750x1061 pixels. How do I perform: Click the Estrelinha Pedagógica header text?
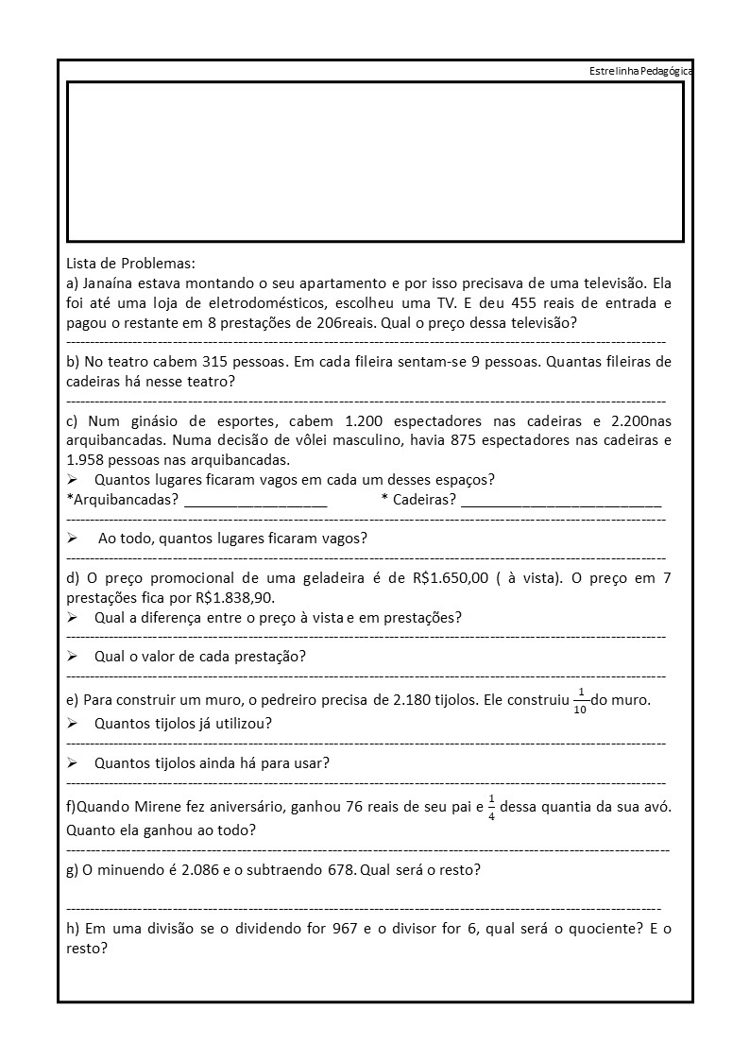pos(639,72)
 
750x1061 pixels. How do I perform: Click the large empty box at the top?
pos(375,162)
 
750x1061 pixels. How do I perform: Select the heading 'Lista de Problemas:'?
pos(130,263)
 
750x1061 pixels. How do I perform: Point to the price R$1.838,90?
pos(234,598)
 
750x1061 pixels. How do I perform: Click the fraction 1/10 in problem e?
pos(580,701)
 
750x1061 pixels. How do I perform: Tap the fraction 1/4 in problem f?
pos(490,808)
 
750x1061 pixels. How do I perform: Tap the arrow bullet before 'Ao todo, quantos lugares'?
pos(73,539)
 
